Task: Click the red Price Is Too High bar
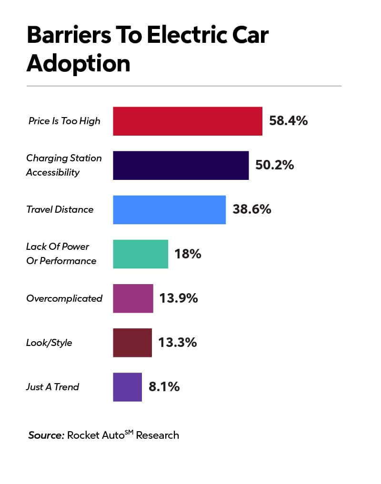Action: (187, 121)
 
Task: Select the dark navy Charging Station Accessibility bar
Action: (180, 165)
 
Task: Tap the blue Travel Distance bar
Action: (169, 209)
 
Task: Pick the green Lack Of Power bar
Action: (140, 254)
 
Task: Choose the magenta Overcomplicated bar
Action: (133, 298)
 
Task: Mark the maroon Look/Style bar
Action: (132, 343)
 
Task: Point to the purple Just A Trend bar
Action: (127, 387)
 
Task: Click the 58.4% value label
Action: (288, 120)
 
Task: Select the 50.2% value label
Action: (274, 165)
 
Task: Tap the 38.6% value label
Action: (251, 209)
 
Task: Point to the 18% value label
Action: (188, 254)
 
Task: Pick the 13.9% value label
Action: (179, 298)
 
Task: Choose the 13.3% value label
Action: (178, 343)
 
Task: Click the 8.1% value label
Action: (164, 387)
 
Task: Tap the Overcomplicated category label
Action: (64, 298)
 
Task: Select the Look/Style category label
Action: (49, 343)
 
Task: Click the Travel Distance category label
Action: (60, 209)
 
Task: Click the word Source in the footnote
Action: (46, 435)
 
